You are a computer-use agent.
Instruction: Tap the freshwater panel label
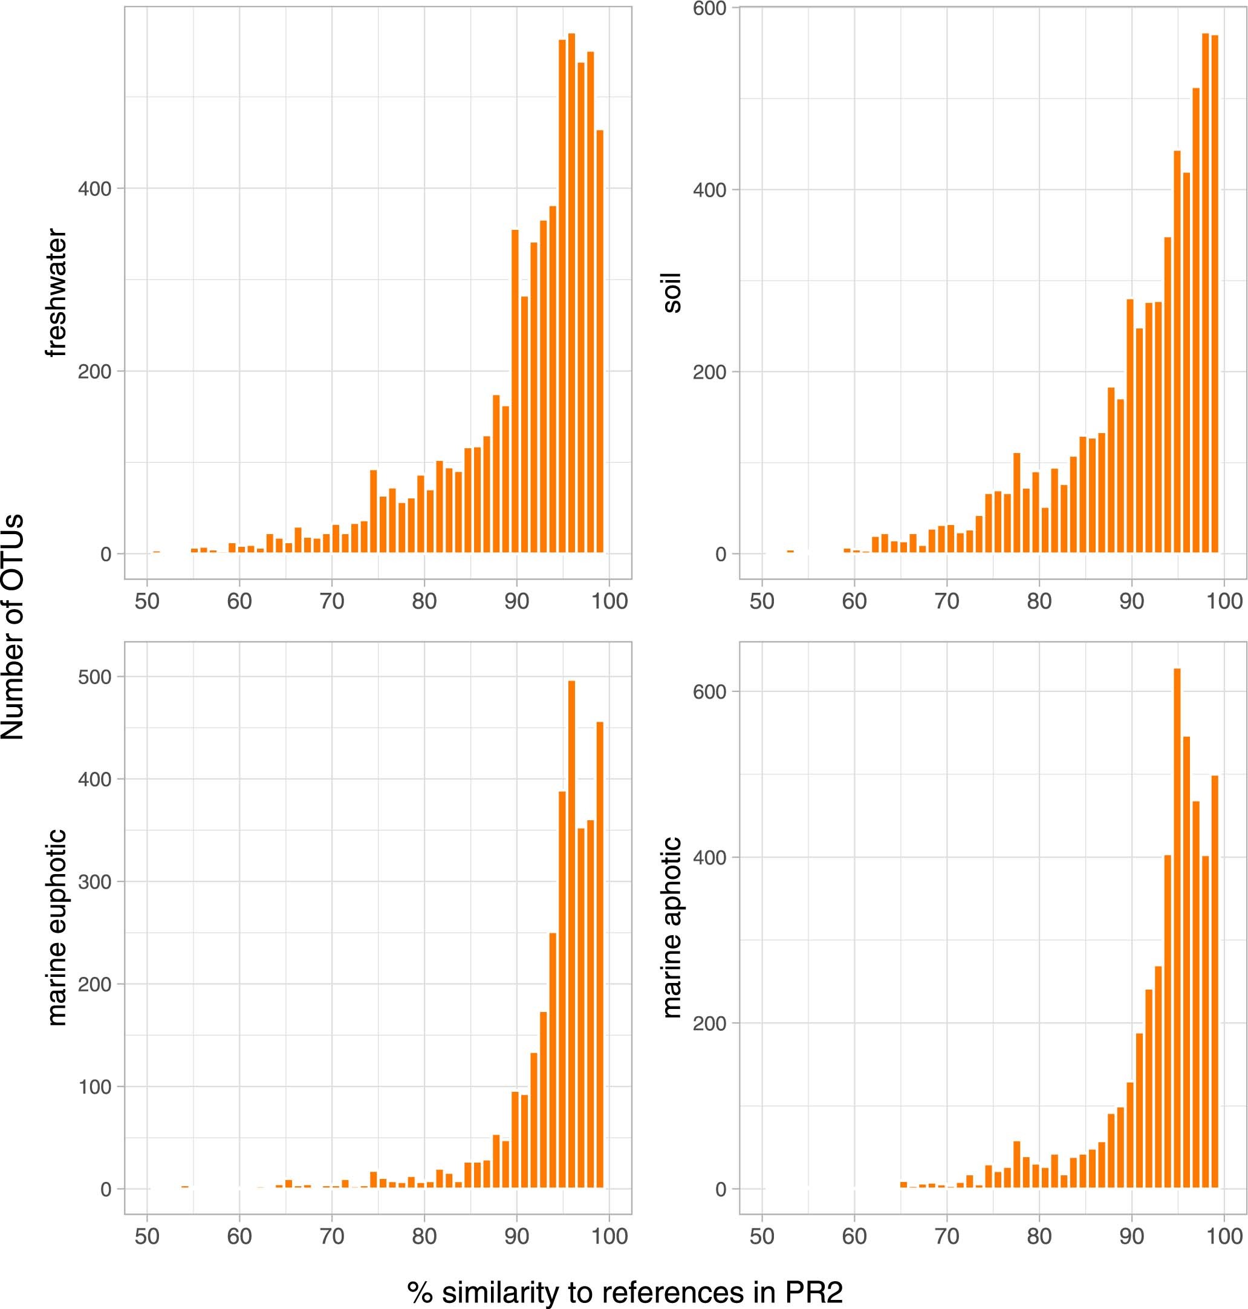(57, 293)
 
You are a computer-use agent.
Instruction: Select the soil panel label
(672, 293)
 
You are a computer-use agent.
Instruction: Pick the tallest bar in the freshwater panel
(571, 293)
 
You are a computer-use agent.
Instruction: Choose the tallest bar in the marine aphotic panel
(1177, 928)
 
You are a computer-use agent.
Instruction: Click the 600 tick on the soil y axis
(709, 8)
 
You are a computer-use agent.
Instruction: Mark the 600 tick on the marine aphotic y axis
(709, 691)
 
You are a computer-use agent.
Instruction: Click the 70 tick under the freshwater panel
(331, 602)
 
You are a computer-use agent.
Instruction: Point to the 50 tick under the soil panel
(762, 602)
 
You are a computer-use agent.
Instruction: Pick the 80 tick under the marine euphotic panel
(424, 1236)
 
